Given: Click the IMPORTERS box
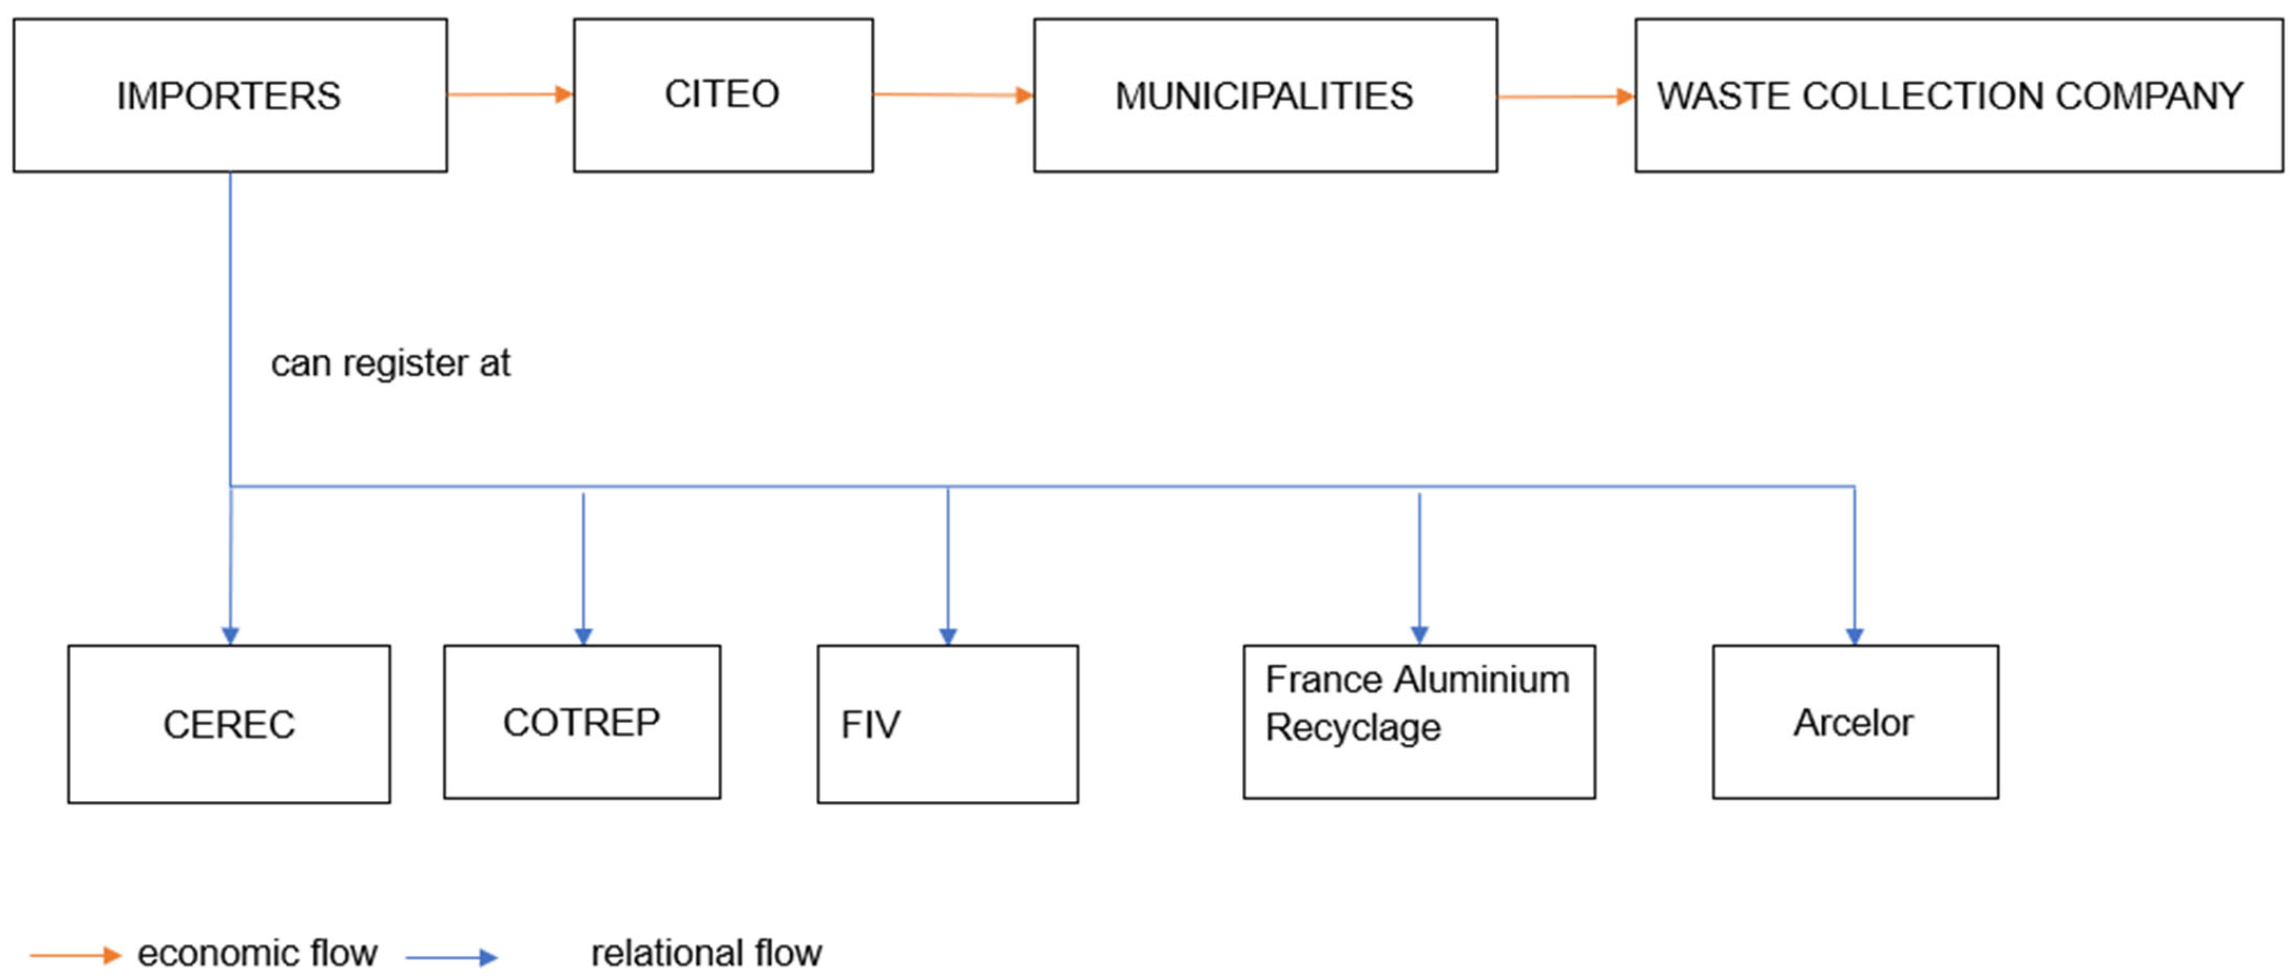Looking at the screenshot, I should coord(230,95).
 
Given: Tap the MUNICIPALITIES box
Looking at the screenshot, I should coord(1264,95).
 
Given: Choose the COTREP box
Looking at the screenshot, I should coord(582,722).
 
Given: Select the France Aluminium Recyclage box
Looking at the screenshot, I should coord(1418,722).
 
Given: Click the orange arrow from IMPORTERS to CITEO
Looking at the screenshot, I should coord(510,93).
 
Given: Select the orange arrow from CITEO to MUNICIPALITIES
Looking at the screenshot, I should coord(952,94).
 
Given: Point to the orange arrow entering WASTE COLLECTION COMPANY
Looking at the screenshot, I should coord(1565,96).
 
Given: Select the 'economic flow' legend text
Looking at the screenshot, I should coord(257,953).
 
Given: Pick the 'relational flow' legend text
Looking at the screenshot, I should coord(706,953).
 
